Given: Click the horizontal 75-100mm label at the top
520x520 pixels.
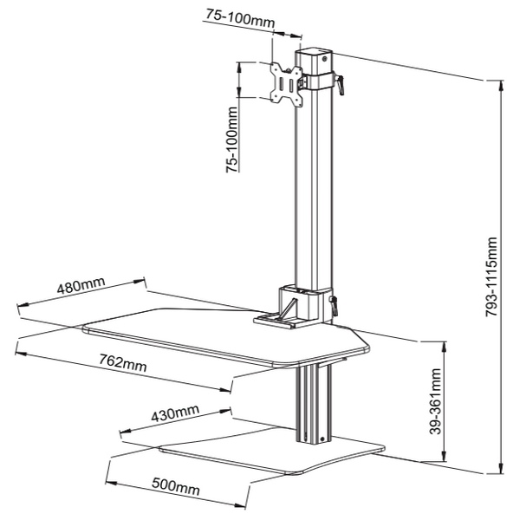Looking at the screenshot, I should pos(265,15).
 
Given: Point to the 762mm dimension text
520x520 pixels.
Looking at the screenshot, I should pos(122,363).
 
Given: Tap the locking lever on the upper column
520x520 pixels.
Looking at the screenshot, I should pos(342,85).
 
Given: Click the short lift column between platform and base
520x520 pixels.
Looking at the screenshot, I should pos(314,404).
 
